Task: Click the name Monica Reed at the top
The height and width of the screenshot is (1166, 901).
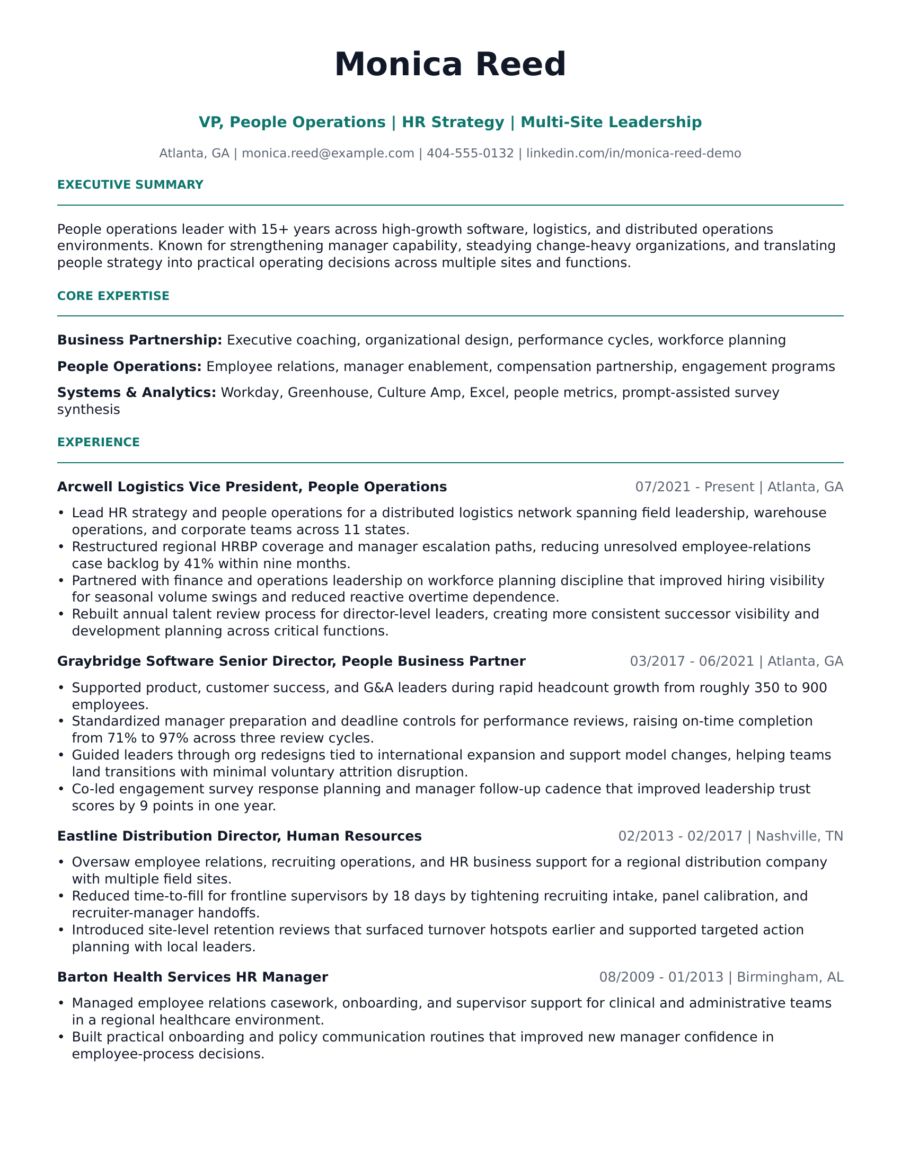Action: [450, 65]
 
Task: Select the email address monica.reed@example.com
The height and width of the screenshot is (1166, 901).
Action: [328, 154]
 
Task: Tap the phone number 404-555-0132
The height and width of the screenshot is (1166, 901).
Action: [470, 154]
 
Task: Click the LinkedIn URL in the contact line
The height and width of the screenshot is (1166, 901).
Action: [633, 154]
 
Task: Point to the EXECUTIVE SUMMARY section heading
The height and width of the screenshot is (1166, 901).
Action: [130, 185]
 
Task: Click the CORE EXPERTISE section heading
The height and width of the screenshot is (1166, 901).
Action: [113, 296]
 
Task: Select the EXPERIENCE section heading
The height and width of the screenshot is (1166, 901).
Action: [98, 443]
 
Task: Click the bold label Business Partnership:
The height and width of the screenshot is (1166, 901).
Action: [139, 341]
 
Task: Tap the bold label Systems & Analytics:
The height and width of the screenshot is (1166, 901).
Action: [137, 393]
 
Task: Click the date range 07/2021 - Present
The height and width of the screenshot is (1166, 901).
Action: [694, 488]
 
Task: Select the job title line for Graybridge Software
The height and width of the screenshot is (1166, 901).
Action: [291, 662]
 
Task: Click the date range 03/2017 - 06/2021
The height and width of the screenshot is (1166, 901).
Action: [692, 662]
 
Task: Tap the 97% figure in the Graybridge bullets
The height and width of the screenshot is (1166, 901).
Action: [174, 738]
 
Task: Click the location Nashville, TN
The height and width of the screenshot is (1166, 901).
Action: [800, 836]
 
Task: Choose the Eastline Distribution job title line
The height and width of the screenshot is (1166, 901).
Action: [239, 836]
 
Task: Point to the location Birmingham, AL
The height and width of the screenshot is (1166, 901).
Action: [790, 977]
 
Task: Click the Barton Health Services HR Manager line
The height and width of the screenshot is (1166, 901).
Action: [192, 977]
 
